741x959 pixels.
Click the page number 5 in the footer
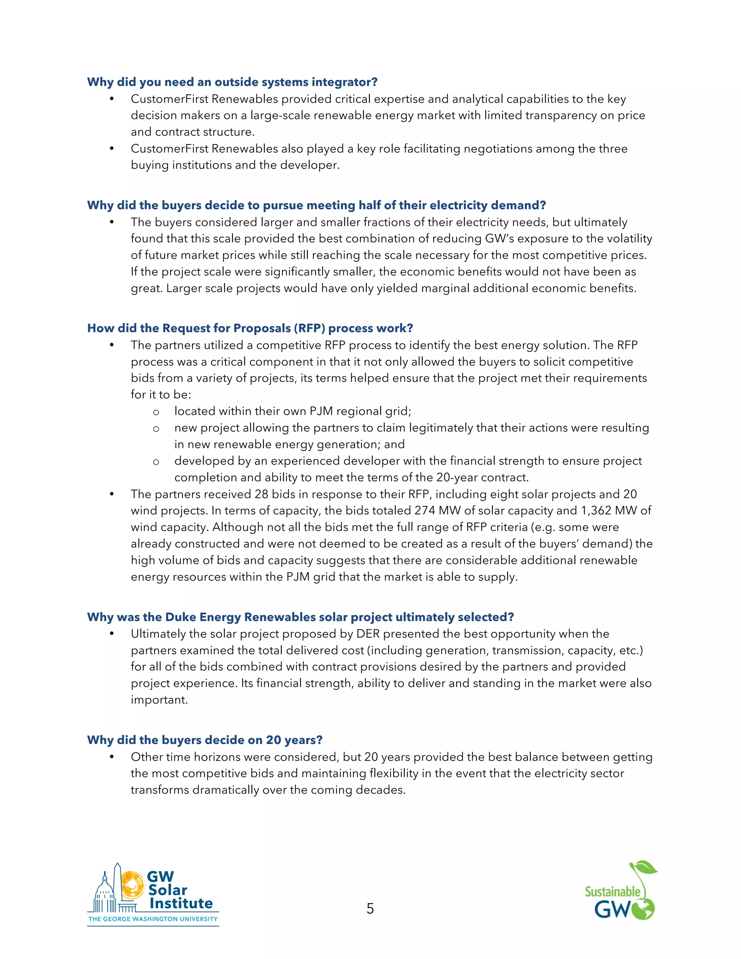[x=370, y=908]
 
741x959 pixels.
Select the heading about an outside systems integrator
[x=232, y=82]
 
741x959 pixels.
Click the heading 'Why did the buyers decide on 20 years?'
[x=204, y=740]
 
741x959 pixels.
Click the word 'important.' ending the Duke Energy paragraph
[x=159, y=700]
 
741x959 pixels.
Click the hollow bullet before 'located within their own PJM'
[x=156, y=412]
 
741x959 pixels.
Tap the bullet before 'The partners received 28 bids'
[x=112, y=494]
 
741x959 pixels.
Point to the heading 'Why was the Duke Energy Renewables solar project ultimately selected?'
[x=300, y=617]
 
